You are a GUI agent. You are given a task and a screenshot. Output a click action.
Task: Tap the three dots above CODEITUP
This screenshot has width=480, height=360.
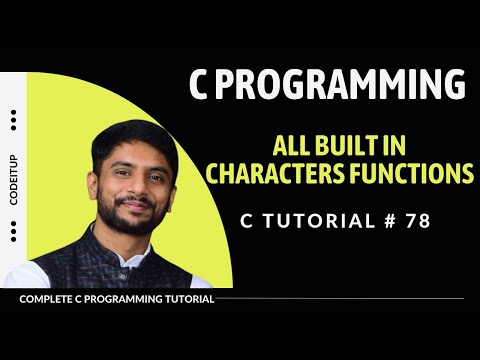[13, 120]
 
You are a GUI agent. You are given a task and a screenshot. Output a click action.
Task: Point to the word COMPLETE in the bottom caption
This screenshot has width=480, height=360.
[47, 298]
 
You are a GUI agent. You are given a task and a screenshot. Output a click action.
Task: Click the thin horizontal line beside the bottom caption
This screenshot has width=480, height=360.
[340, 298]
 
